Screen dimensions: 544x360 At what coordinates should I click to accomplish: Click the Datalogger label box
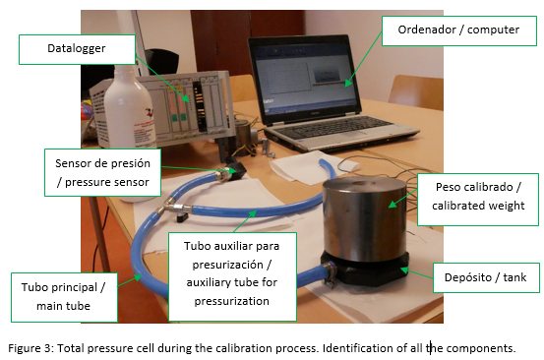(x=77, y=49)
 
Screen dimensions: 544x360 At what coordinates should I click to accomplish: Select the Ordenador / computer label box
(x=459, y=30)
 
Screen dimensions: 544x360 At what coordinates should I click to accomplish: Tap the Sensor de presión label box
(x=102, y=172)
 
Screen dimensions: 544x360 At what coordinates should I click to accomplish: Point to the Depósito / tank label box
(x=486, y=277)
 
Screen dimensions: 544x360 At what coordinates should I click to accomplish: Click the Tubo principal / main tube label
(x=64, y=297)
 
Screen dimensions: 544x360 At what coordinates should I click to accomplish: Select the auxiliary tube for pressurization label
(x=232, y=276)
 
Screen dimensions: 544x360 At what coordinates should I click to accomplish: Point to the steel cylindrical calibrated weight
(x=365, y=218)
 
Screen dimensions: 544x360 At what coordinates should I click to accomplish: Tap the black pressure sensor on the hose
(x=236, y=167)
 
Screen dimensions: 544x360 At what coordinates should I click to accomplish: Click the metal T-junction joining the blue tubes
(x=174, y=208)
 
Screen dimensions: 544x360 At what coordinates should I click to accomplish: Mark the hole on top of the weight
(x=363, y=184)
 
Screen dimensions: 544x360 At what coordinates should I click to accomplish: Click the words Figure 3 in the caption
(x=30, y=348)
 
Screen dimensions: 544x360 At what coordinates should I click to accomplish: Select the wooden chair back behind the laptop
(x=416, y=91)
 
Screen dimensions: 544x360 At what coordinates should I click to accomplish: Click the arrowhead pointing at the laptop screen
(x=347, y=84)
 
